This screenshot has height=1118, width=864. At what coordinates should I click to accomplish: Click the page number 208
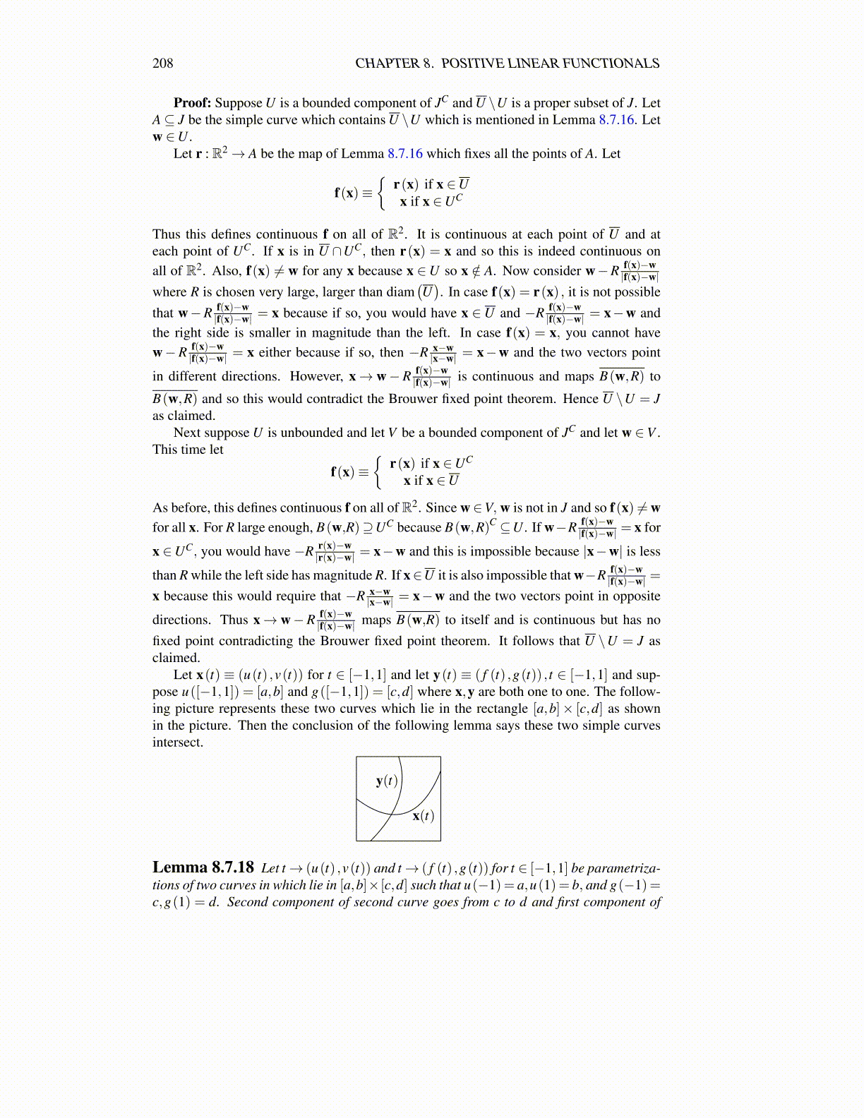[x=162, y=64]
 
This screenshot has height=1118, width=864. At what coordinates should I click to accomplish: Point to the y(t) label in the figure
[x=387, y=780]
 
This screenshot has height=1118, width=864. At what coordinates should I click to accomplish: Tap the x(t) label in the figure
[x=423, y=816]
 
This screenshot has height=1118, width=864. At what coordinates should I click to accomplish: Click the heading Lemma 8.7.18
[x=203, y=867]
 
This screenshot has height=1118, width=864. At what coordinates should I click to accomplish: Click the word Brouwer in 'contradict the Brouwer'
[x=412, y=399]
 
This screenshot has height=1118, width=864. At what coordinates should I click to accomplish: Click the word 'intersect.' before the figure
[x=178, y=743]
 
